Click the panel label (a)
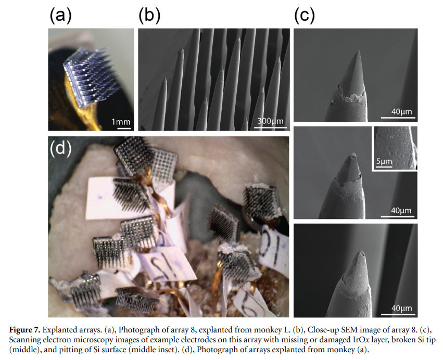60,15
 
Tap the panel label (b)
149,15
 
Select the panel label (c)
305,15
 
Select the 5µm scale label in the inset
384,162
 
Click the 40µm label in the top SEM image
402,111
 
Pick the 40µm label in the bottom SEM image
402,308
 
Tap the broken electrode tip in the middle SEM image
353,155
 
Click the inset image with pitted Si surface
395,148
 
